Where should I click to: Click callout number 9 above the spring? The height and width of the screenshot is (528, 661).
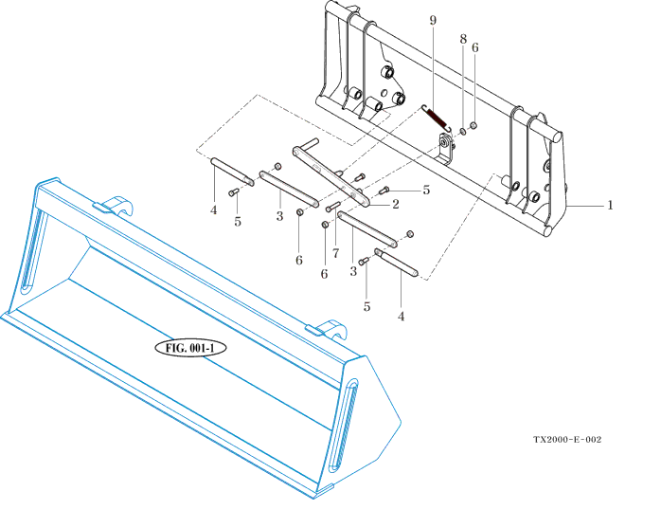pyautogui.click(x=433, y=20)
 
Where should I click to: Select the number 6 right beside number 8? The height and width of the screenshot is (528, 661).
pyautogui.click(x=474, y=46)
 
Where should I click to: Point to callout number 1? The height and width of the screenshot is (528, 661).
pyautogui.click(x=610, y=205)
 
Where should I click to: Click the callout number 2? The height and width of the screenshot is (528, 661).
pyautogui.click(x=394, y=202)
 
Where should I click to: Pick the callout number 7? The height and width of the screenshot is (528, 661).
pyautogui.click(x=335, y=255)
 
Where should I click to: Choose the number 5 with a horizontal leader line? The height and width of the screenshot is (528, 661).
pyautogui.click(x=425, y=190)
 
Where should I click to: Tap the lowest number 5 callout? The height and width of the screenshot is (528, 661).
pyautogui.click(x=367, y=306)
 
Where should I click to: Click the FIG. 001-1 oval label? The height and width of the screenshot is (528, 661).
pyautogui.click(x=190, y=347)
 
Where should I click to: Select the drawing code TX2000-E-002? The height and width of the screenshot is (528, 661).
pyautogui.click(x=566, y=440)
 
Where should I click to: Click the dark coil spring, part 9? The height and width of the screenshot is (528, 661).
pyautogui.click(x=434, y=118)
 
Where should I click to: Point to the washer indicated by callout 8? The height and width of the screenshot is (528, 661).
pyautogui.click(x=463, y=128)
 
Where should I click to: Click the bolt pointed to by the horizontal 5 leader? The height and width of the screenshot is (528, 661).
pyautogui.click(x=384, y=190)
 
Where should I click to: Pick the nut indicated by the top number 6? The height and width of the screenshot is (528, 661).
pyautogui.click(x=473, y=126)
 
